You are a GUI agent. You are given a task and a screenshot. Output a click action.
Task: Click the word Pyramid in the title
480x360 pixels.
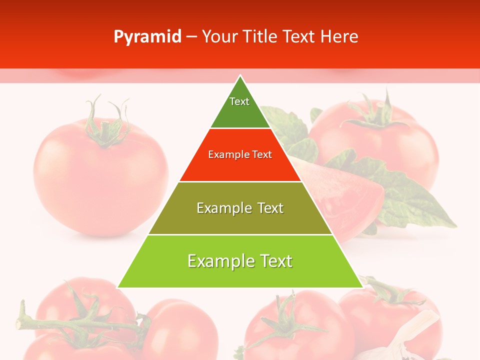click(147, 37)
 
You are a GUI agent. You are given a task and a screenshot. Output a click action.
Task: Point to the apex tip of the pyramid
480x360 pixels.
click(240, 76)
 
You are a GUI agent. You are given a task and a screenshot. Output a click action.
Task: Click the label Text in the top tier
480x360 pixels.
click(239, 101)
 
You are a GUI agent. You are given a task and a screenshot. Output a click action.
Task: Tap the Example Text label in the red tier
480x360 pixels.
click(240, 154)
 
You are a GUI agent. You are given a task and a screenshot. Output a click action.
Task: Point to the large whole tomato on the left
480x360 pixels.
click(100, 180)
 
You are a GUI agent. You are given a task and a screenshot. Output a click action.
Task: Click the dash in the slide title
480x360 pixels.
click(191, 37)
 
